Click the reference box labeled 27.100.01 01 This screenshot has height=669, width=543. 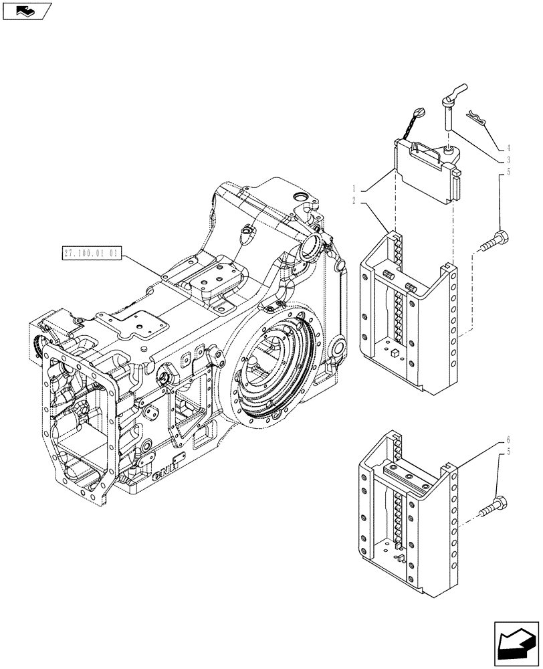coord(91,254)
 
